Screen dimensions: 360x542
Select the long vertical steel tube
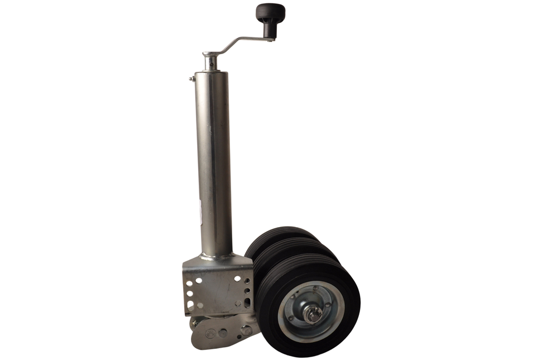click(x=213, y=162)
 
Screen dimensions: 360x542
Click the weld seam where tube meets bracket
click(x=215, y=257)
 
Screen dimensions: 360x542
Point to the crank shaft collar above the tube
click(x=210, y=61)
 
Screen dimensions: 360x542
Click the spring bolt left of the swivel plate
click(x=195, y=322)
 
